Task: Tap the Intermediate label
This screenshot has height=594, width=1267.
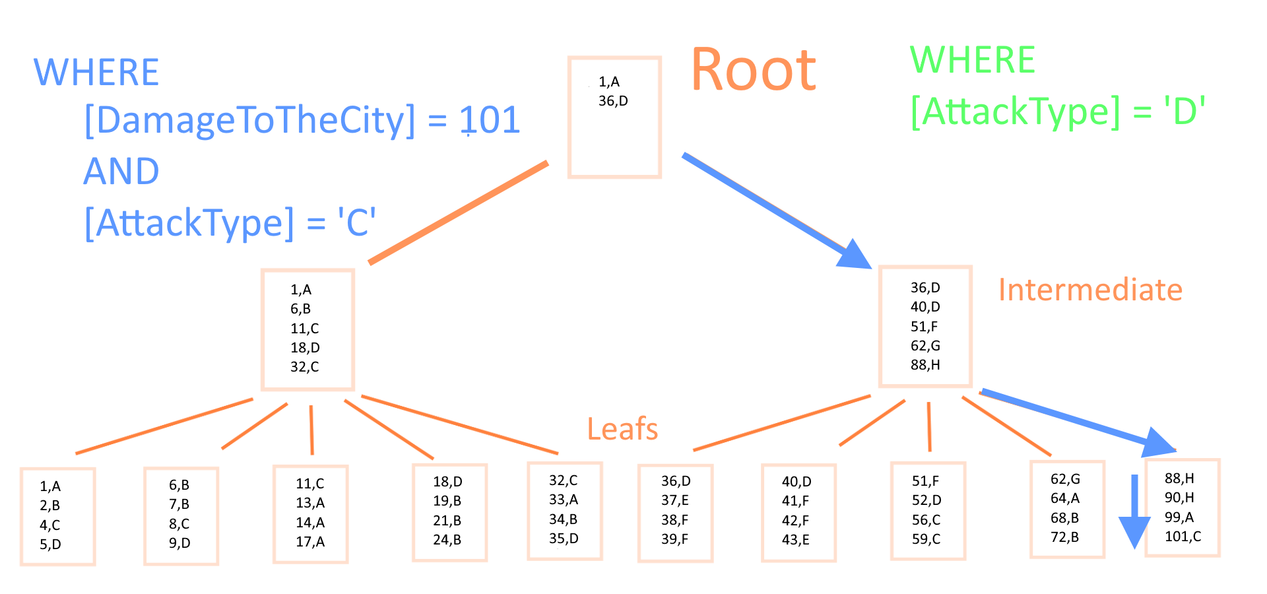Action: tap(1090, 290)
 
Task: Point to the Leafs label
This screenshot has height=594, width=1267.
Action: tap(622, 429)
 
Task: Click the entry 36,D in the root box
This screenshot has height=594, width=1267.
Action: tap(613, 101)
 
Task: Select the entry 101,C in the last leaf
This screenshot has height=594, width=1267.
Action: tap(1183, 537)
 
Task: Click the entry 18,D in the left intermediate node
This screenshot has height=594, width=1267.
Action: tap(305, 348)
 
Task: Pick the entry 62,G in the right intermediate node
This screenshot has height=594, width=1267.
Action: tap(925, 346)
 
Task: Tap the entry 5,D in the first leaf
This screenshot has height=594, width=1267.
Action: tap(50, 544)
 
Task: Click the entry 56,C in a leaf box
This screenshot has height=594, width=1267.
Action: tap(926, 520)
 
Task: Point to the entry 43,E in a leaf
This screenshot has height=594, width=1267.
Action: tap(796, 540)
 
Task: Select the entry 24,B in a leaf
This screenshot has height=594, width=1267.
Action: tap(447, 540)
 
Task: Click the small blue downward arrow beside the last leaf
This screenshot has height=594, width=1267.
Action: tap(1134, 511)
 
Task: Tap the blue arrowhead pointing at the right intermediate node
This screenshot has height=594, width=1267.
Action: tap(855, 255)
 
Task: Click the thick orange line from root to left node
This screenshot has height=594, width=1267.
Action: tap(459, 213)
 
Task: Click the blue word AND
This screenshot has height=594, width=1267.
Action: tap(121, 172)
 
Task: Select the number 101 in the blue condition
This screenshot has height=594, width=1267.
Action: tap(490, 120)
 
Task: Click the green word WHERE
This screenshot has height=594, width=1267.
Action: tap(973, 60)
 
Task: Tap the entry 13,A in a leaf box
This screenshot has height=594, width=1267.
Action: tap(310, 503)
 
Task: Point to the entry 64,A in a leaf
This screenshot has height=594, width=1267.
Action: tap(1065, 498)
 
